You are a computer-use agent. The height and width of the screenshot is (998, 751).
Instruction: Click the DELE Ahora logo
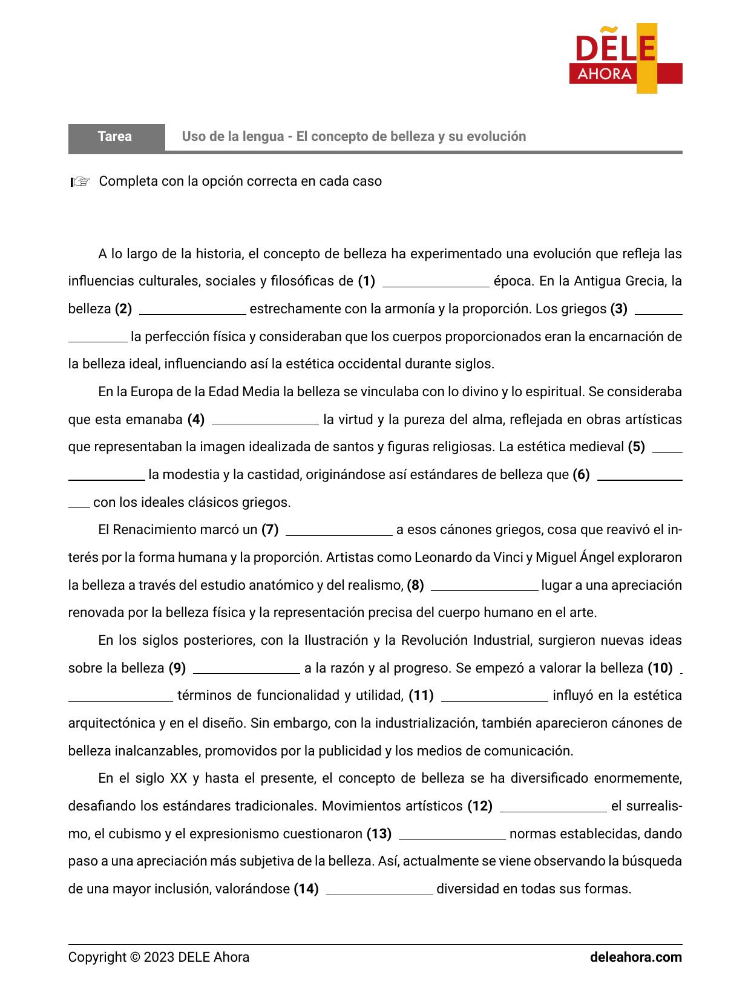coord(625,59)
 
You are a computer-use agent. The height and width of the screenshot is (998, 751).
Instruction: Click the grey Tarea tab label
coord(115,137)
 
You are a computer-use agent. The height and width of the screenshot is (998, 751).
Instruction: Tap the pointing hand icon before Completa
coord(80,181)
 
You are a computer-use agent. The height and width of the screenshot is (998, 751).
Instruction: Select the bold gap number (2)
coord(123,309)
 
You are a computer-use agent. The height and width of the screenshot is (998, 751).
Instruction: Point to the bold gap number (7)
coord(270,530)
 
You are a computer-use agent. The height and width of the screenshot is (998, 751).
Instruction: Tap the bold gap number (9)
coord(177,668)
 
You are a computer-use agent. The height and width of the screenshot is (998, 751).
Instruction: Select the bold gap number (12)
coord(480,806)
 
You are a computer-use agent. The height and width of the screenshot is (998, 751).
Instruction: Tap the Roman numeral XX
coord(179,779)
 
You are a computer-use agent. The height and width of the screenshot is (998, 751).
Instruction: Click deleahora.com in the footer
coord(635,957)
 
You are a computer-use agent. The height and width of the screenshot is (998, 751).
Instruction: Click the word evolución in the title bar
coord(495,137)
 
